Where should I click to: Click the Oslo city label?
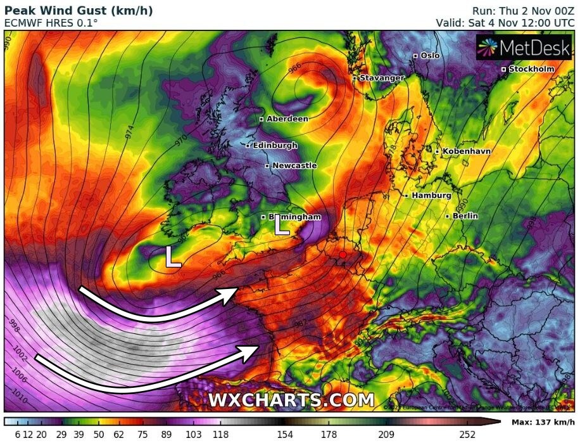click(430, 56)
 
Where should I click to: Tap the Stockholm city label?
click(531, 69)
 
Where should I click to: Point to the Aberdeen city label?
click(287, 119)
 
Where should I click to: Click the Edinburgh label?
click(275, 146)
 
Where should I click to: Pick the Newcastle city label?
click(294, 166)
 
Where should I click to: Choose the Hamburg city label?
click(431, 196)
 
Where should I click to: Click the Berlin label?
click(465, 216)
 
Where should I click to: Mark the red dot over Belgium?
click(343, 255)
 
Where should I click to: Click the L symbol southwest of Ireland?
click(173, 257)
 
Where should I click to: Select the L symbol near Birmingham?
click(281, 225)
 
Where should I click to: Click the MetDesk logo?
click(524, 48)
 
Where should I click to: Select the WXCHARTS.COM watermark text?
click(291, 401)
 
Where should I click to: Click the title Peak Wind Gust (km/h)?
click(79, 11)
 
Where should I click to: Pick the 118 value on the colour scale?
click(220, 434)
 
